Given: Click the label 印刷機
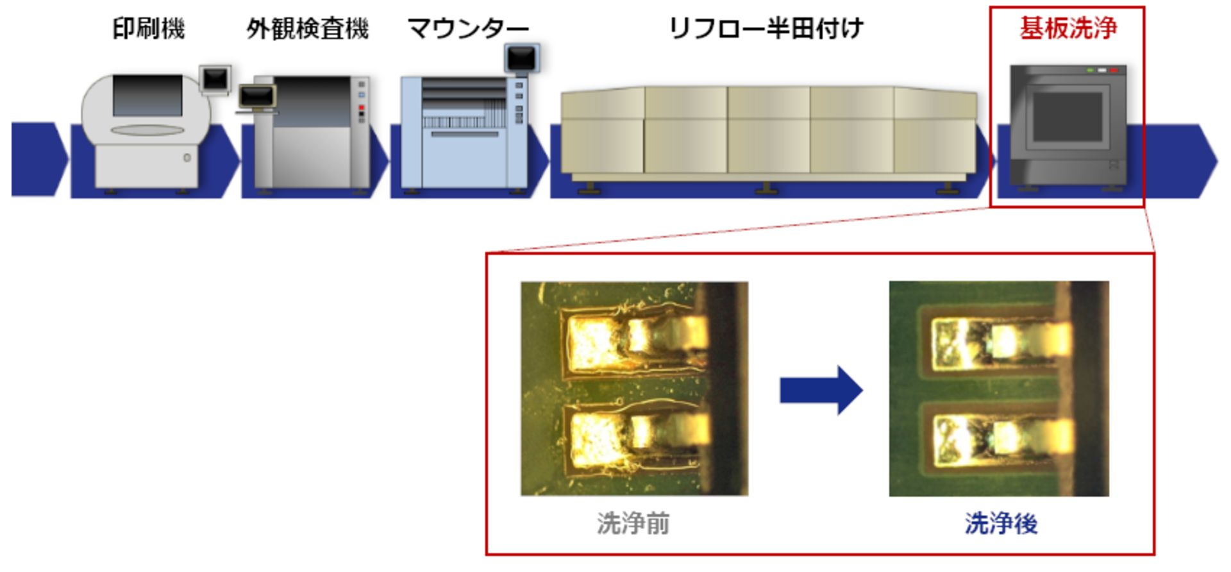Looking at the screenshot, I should click(149, 29).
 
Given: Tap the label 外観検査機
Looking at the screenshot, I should click(308, 29).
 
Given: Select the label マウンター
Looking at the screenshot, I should click(468, 29).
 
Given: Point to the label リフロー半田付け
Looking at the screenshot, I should click(766, 29).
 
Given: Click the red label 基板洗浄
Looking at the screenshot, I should click(1068, 29).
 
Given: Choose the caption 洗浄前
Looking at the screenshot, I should click(633, 524).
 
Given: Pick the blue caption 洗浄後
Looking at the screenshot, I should click(1001, 524).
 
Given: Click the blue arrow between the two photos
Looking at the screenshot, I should click(821, 390).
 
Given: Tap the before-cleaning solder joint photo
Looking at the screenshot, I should click(634, 389).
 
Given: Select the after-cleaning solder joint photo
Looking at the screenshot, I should click(998, 389).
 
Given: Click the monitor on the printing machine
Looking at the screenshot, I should click(215, 79).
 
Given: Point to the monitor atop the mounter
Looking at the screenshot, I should click(521, 58).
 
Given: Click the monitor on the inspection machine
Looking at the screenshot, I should click(257, 97).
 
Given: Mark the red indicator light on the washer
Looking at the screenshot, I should click(1114, 70).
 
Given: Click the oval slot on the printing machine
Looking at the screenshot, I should click(147, 131).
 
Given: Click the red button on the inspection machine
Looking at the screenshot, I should click(362, 107).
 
